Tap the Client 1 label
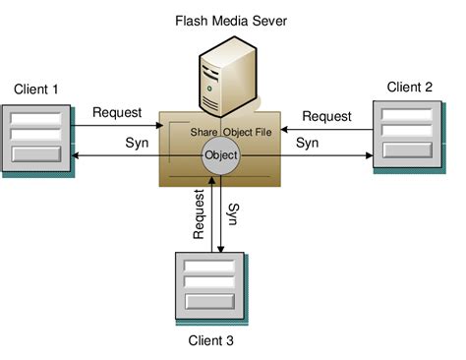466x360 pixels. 36,90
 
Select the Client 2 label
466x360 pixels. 410,87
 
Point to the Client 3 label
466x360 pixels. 211,341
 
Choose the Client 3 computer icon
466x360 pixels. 209,286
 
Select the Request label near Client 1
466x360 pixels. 117,112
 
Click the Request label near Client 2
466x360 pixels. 326,116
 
